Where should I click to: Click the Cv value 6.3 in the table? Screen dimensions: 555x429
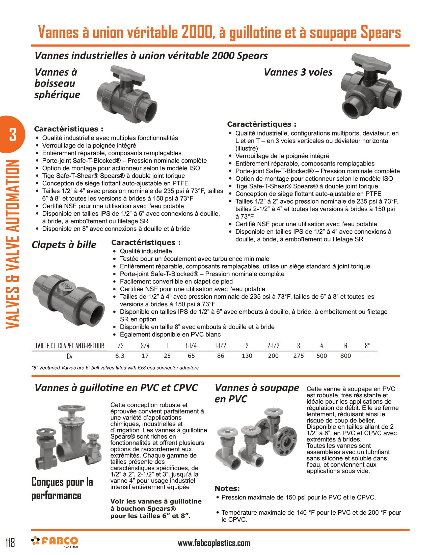120,356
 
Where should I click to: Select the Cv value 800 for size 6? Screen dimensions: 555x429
345,356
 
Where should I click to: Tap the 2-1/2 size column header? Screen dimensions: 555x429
273,346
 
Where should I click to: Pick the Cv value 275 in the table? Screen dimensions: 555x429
298,356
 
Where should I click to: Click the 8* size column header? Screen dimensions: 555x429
367,346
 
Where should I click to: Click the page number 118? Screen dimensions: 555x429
10,543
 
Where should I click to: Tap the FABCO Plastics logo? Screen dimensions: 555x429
55,542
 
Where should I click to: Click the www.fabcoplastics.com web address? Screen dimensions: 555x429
214,543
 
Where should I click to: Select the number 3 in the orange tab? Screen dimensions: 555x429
12,134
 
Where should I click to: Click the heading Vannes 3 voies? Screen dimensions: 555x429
298,72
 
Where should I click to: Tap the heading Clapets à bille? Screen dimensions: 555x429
64,244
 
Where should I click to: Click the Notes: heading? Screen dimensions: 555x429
227,488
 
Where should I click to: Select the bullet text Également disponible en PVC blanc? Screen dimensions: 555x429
170,335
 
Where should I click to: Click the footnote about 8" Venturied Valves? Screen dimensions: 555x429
116,368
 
